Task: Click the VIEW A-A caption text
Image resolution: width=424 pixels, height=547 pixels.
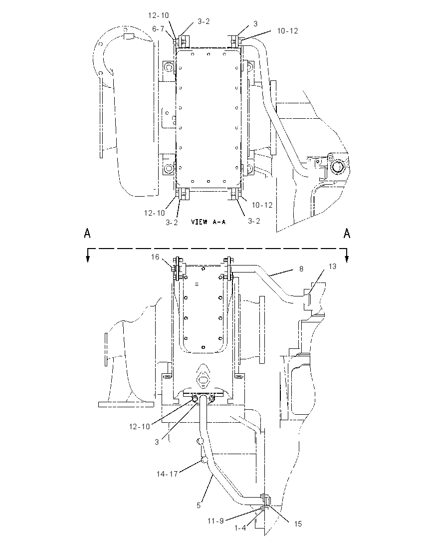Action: click(x=208, y=222)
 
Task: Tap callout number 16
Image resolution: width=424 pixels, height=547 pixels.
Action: click(x=155, y=257)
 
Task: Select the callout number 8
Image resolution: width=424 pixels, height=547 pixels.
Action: click(x=301, y=269)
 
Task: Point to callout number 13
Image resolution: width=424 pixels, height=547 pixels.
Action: click(x=332, y=267)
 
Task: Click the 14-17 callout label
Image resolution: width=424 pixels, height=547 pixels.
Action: click(x=167, y=474)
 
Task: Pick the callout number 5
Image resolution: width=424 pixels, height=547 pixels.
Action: click(x=199, y=505)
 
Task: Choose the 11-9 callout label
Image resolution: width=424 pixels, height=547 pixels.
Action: click(x=215, y=521)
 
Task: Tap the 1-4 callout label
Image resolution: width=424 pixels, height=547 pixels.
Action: click(x=239, y=528)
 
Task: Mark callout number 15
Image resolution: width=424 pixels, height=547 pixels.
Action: click(x=297, y=524)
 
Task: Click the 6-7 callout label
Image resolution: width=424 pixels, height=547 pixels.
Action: click(x=158, y=29)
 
